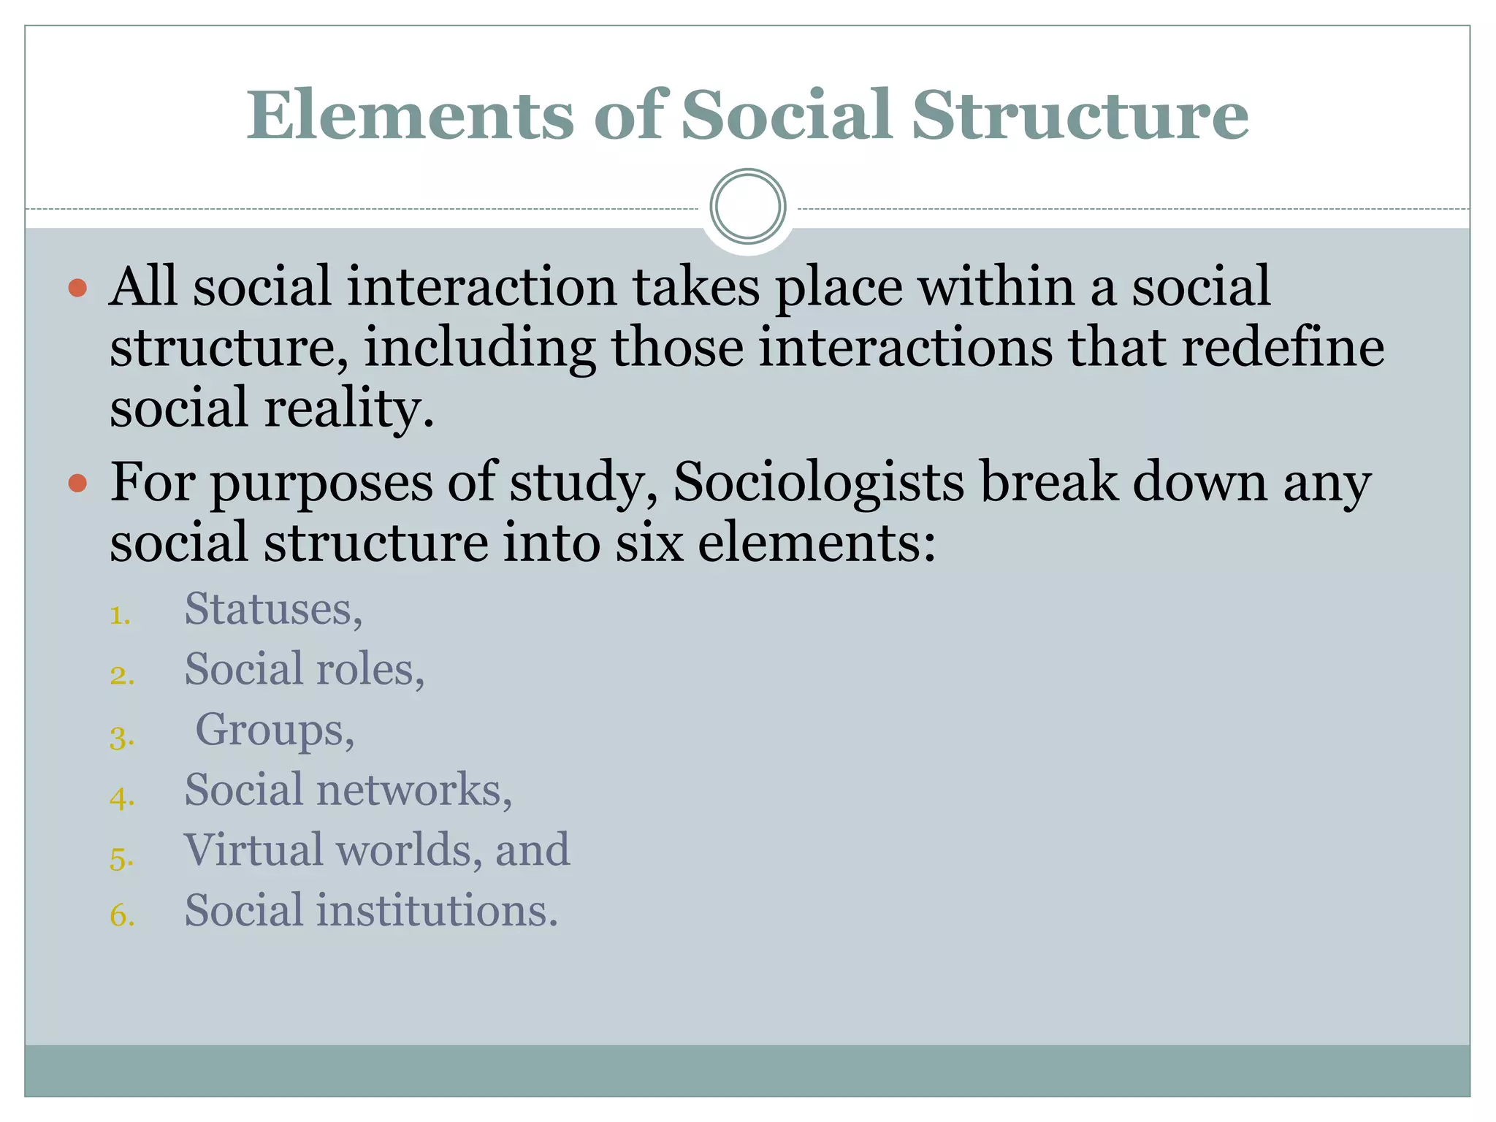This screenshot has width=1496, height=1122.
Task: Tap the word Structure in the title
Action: click(1080, 115)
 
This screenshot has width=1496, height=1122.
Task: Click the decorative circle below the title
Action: click(747, 207)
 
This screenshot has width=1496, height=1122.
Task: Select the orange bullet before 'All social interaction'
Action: click(77, 288)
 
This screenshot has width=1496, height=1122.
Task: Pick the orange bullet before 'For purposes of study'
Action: click(77, 484)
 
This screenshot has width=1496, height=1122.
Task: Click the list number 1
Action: click(121, 616)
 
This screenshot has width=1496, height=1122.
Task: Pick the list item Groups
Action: click(275, 730)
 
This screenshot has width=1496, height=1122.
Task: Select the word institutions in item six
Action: click(437, 911)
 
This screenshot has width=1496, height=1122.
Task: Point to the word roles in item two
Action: click(370, 670)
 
